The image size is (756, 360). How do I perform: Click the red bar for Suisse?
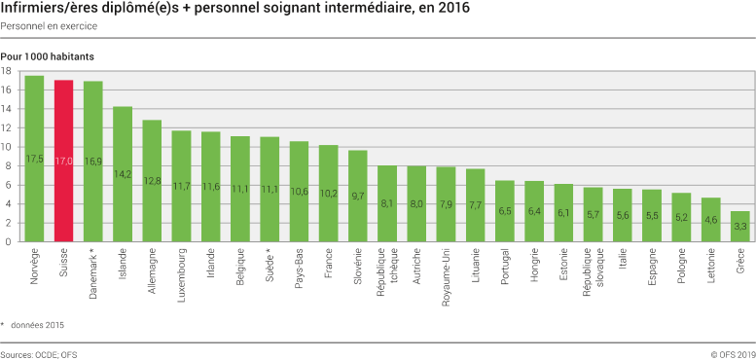[x=63, y=161]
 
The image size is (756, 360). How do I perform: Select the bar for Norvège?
[x=34, y=159]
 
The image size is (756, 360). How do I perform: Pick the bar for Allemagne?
[x=152, y=181]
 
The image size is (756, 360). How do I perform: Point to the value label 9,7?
[x=358, y=196]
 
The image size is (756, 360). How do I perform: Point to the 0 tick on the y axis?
[x=9, y=241]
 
